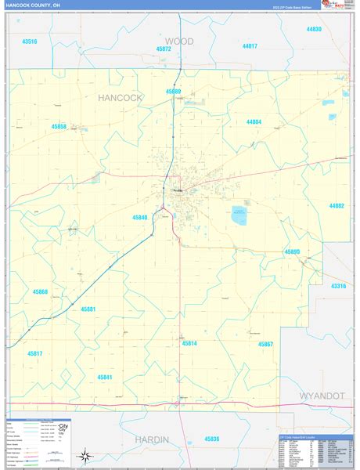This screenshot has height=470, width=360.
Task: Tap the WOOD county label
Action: (179, 40)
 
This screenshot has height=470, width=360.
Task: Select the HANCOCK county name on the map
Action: (121, 98)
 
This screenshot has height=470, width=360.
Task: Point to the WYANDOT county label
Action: (321, 396)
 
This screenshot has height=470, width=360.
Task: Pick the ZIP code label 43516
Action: (30, 41)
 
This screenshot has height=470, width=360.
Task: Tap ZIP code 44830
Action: (314, 29)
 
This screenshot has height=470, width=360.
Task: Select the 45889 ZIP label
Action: (173, 92)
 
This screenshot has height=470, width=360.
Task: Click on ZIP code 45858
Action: (59, 125)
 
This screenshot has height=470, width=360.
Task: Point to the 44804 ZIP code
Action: (254, 122)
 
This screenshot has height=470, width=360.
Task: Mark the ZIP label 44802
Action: (337, 205)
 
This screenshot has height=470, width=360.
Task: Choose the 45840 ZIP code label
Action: (139, 218)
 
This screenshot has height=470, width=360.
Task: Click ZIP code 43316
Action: (338, 286)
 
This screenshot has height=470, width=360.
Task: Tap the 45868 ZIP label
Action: (40, 291)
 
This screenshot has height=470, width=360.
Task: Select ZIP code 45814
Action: (189, 343)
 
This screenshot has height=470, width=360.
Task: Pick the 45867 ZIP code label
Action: (265, 344)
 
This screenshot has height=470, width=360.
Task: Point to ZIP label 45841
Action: (105, 377)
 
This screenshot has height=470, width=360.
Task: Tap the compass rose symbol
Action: (84, 456)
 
